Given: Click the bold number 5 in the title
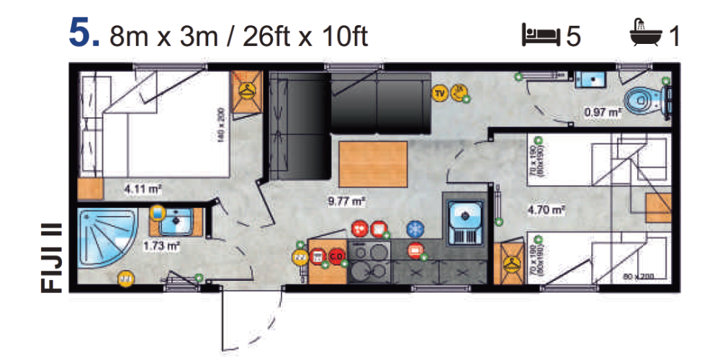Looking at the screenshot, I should pyautogui.click(x=81, y=34).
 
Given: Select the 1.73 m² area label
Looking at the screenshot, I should pyautogui.click(x=161, y=245).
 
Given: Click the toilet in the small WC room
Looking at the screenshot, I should pyautogui.click(x=642, y=101).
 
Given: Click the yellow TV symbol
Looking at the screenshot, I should pyautogui.click(x=440, y=91).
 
